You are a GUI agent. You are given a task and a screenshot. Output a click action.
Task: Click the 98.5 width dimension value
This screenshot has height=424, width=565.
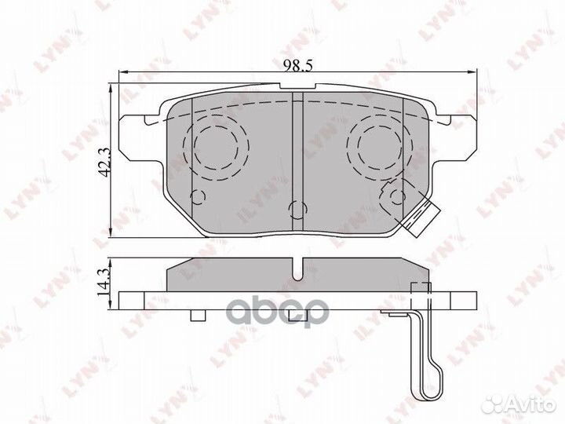click(x=297, y=66)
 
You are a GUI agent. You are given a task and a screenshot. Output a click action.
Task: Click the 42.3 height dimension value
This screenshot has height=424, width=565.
click(x=104, y=163)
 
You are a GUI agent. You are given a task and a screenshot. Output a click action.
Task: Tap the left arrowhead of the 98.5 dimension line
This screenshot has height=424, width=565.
click(x=123, y=72)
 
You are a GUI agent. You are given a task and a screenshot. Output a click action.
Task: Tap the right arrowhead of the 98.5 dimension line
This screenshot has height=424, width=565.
click(x=472, y=72)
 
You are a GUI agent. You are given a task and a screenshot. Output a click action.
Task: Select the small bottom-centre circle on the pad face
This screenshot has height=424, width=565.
click(x=298, y=210)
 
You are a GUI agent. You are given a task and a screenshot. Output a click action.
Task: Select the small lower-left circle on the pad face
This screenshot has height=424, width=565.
click(x=198, y=197)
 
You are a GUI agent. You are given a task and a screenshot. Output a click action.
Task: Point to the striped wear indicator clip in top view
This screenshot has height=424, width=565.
click(x=421, y=220)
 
